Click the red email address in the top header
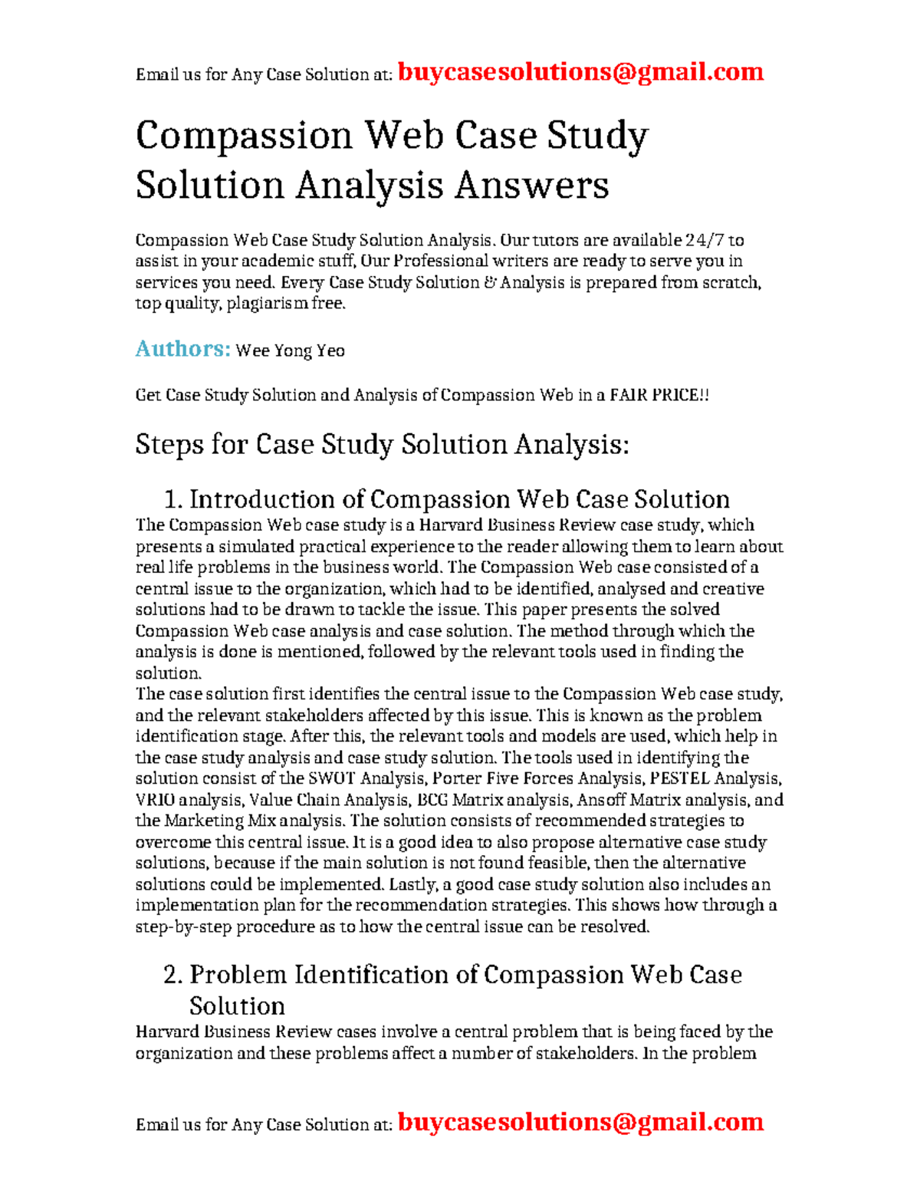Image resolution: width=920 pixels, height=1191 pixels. coord(580,72)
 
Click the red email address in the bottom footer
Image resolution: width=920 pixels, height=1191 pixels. coord(580,1122)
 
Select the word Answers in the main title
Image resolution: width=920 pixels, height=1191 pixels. coord(531,185)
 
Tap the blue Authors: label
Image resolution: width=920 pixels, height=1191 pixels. coord(182,349)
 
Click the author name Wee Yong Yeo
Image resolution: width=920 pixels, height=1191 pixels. coord(290,351)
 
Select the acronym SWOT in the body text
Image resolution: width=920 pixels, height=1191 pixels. coord(333,779)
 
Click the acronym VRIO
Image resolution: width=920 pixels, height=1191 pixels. coord(155,801)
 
